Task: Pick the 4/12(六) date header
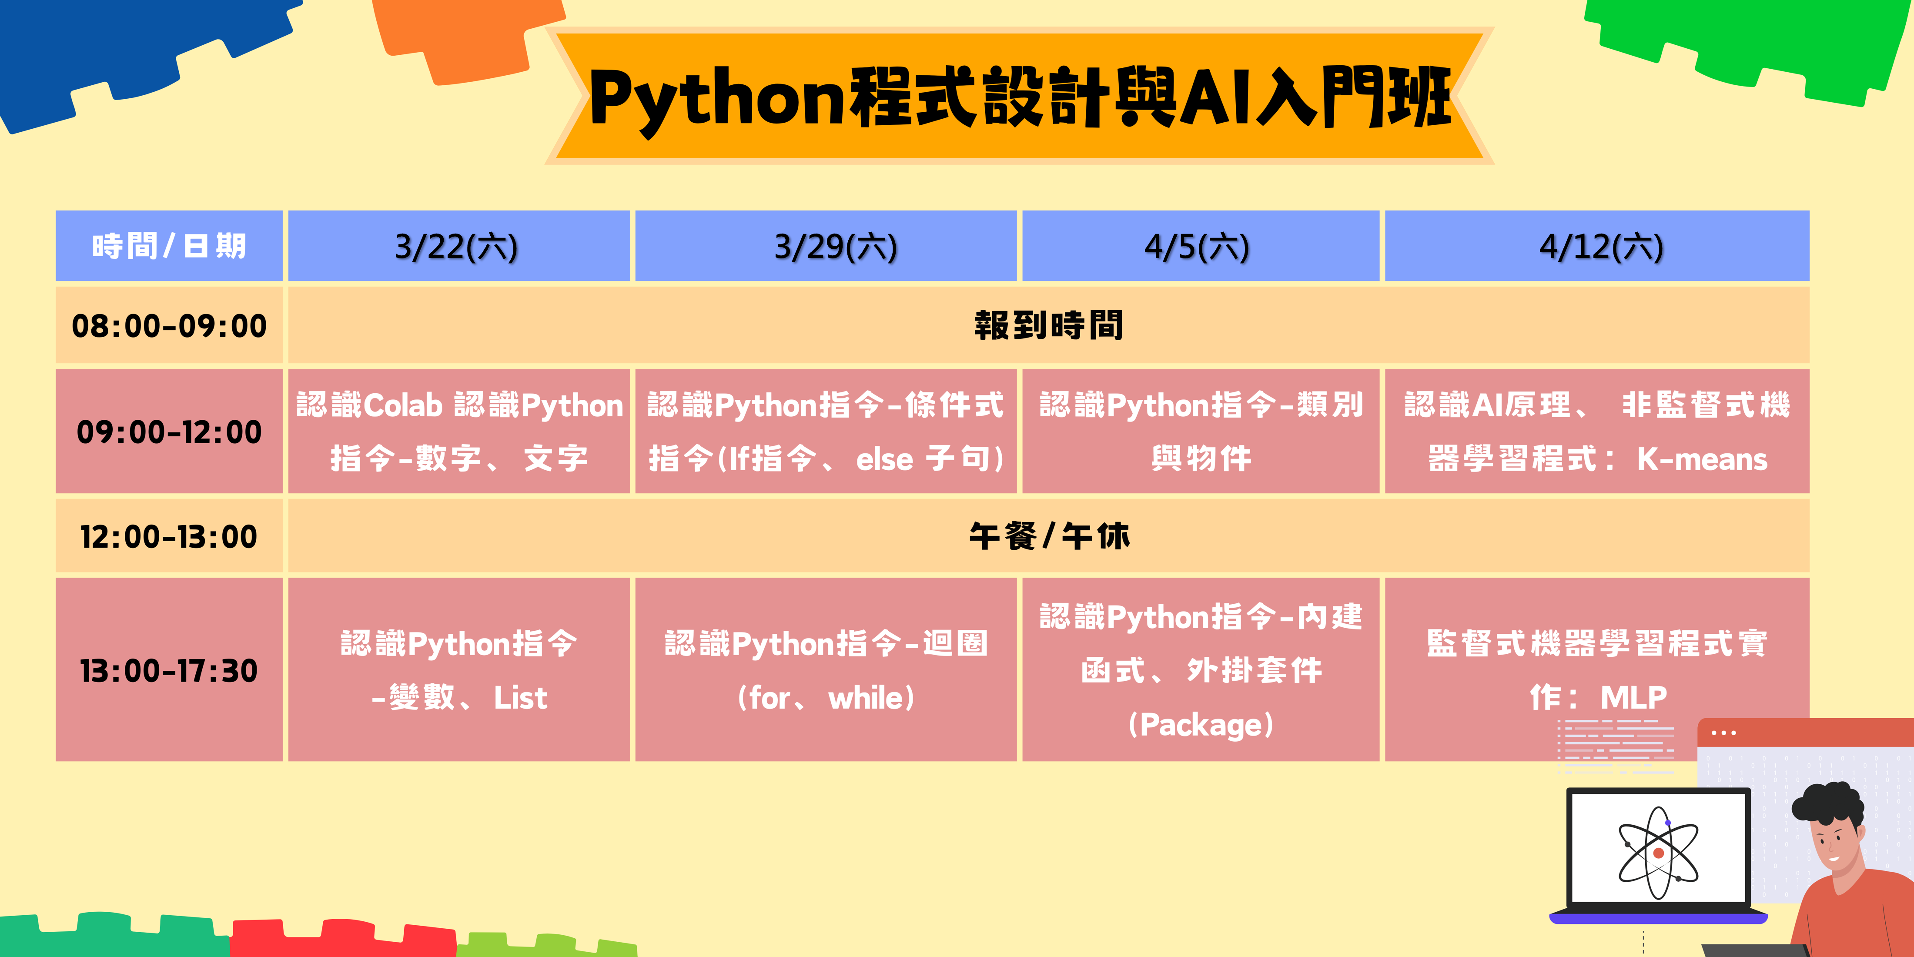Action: (1601, 247)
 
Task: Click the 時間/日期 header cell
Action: (169, 246)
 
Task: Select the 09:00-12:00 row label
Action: (169, 432)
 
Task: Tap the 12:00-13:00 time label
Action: (169, 536)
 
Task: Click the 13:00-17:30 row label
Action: (169, 670)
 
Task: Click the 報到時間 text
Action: (1048, 325)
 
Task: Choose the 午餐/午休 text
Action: (1048, 536)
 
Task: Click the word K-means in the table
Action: (1702, 459)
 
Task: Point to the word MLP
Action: (1633, 697)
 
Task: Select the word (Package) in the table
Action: (1200, 724)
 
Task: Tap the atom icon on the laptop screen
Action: (1658, 853)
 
